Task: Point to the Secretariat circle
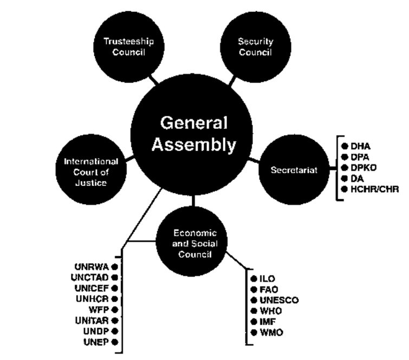pos(293,170)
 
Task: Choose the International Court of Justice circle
pos(91,171)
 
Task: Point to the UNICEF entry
pos(93,288)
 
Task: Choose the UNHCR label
pos(93,298)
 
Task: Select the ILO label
pos(268,279)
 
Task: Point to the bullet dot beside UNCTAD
pos(114,278)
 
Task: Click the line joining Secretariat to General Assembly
pos(256,161)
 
